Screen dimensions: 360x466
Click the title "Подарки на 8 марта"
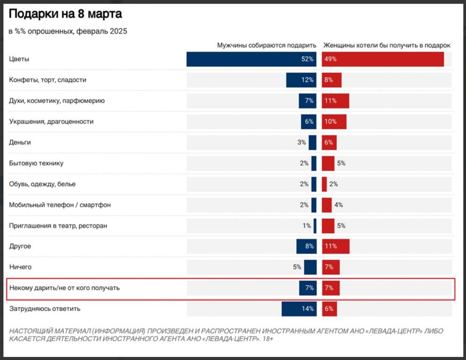[x=65, y=14]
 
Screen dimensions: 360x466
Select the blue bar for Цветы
[x=251, y=59]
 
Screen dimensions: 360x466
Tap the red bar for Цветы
[x=383, y=59]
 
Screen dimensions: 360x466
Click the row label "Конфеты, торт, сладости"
[x=47, y=80]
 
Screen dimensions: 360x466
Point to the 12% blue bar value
[x=307, y=80]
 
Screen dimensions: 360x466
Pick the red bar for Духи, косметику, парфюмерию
[x=336, y=101]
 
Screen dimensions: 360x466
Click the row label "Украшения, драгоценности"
[x=51, y=121]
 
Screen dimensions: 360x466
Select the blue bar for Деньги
[x=313, y=142]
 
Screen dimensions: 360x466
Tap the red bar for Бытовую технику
[x=328, y=163]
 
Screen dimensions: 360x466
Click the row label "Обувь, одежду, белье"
[x=42, y=184]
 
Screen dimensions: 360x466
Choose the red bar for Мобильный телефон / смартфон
[x=327, y=205]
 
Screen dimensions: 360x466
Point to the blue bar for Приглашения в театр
[x=315, y=226]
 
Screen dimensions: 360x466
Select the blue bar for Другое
[x=306, y=246]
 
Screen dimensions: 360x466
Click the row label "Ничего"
[x=20, y=267]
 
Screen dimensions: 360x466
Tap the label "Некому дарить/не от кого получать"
[x=64, y=288]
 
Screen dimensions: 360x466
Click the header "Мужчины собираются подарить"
[x=267, y=45]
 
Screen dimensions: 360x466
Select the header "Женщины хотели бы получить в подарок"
[x=387, y=45]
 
